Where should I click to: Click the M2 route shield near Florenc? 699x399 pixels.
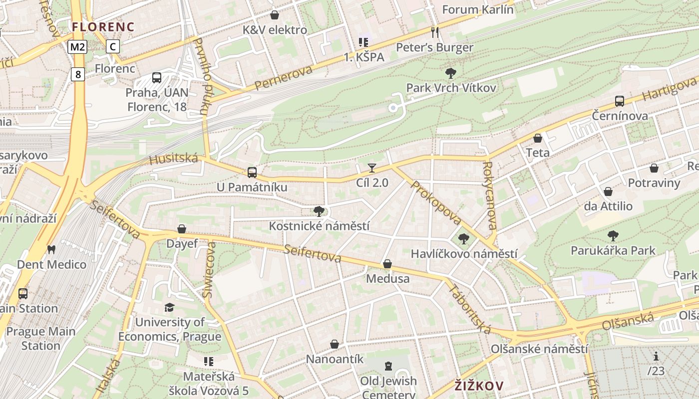[x=77, y=47]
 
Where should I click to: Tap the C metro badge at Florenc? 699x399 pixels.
[x=113, y=47]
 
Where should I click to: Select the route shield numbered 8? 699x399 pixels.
[x=77, y=74]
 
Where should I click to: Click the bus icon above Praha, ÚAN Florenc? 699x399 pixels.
[x=157, y=78]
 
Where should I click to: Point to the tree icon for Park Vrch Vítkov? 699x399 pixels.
[x=451, y=73]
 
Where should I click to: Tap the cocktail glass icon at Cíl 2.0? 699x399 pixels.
[x=371, y=168]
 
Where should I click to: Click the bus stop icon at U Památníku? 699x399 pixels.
[x=252, y=173]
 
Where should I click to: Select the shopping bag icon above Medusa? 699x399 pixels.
[x=387, y=264]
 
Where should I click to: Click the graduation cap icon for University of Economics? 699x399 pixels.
[x=170, y=307]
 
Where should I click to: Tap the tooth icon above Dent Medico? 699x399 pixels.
[x=51, y=249]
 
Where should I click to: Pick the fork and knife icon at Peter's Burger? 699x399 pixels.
[x=435, y=32]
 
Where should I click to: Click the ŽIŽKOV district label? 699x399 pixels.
[x=479, y=386]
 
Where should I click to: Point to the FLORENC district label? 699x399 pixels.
[x=103, y=27]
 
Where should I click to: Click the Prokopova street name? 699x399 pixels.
[x=436, y=203]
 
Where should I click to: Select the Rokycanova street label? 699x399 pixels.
[x=490, y=196]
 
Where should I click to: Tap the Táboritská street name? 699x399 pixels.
[x=470, y=309]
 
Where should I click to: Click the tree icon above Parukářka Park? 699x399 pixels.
[x=613, y=235]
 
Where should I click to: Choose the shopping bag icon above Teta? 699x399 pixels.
[x=538, y=138]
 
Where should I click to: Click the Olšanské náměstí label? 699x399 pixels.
[x=539, y=349]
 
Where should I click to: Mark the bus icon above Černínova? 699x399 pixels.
[x=620, y=101]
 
